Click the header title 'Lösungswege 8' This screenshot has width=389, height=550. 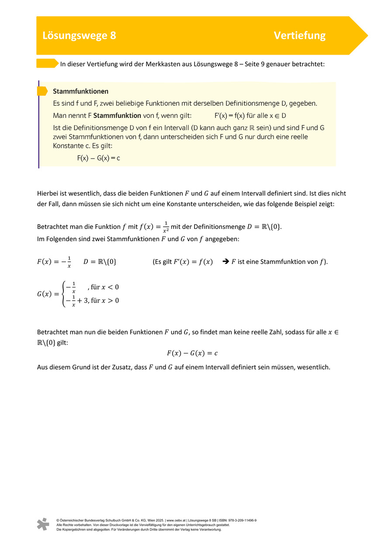coord(79,36)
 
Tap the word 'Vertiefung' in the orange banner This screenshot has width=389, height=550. coord(299,36)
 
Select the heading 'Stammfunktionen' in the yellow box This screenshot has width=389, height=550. coord(80,92)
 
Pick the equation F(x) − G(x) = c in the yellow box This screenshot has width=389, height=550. coord(98,158)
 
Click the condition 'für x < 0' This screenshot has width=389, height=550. coord(105,287)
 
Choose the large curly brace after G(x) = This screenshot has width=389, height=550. coord(64,294)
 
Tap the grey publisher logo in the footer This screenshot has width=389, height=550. coord(43,524)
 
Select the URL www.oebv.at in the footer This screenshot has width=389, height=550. coord(177,520)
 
